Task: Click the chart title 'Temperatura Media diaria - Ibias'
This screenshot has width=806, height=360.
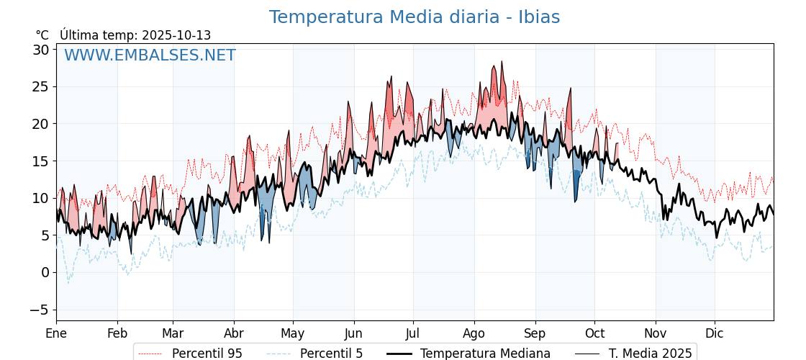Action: pyautogui.click(x=414, y=17)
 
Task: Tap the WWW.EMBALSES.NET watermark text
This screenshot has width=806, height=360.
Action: pyautogui.click(x=150, y=55)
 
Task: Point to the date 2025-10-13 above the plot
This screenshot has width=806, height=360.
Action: pyautogui.click(x=176, y=35)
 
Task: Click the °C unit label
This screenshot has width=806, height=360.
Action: pyautogui.click(x=42, y=35)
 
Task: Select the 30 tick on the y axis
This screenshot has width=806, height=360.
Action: pyautogui.click(x=40, y=50)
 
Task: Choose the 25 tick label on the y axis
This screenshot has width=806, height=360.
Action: pyautogui.click(x=40, y=87)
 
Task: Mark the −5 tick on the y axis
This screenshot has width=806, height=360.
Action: pyautogui.click(x=40, y=310)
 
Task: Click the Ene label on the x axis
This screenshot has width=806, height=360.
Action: pyautogui.click(x=56, y=333)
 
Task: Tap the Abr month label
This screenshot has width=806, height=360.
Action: pyautogui.click(x=234, y=333)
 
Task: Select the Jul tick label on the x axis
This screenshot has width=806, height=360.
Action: pyautogui.click(x=413, y=333)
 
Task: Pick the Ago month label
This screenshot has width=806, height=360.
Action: pyautogui.click(x=474, y=333)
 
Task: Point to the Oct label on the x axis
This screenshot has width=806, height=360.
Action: pyautogui.click(x=594, y=333)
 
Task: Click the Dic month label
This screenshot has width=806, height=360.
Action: pyautogui.click(x=715, y=333)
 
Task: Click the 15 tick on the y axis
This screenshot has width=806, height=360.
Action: pyautogui.click(x=40, y=161)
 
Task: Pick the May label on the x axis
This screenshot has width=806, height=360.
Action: pyautogui.click(x=293, y=333)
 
